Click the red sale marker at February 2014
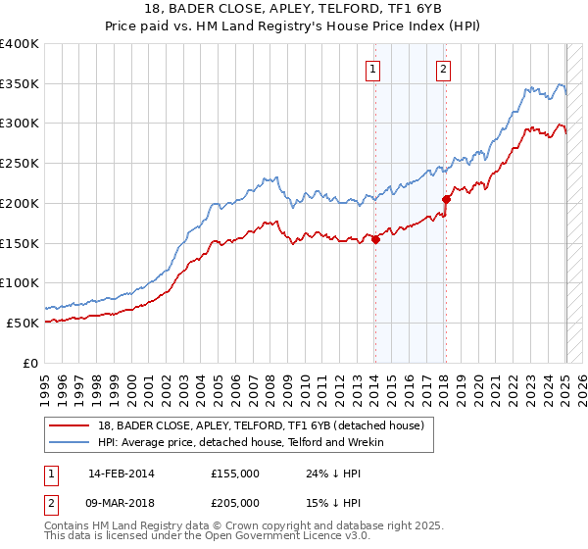[x=375, y=238]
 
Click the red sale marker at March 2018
[x=446, y=199]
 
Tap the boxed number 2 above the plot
[x=444, y=69]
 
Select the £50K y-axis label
[x=23, y=323]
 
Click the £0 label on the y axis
[x=30, y=363]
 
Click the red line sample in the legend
[x=71, y=425]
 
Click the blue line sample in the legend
[x=71, y=442]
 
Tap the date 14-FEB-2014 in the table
[x=122, y=473]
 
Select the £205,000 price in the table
[x=234, y=504]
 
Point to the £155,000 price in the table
[x=234, y=473]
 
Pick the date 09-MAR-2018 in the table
[x=122, y=504]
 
